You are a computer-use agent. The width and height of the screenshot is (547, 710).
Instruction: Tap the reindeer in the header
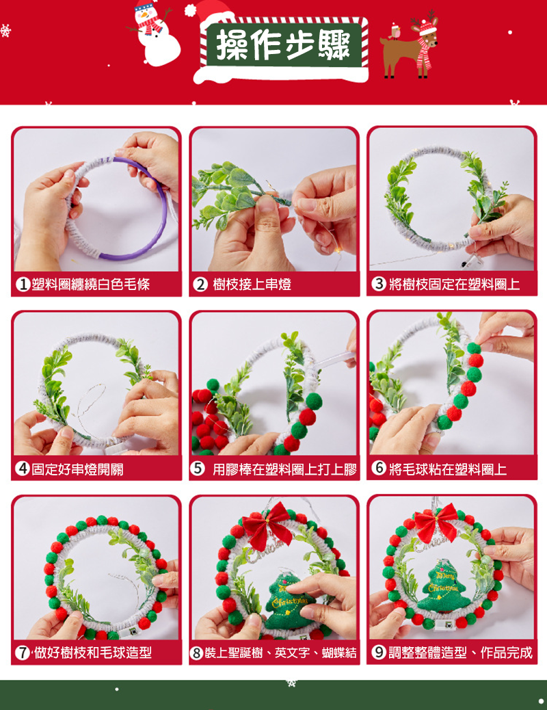(410, 48)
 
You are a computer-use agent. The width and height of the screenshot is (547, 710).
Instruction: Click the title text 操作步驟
(284, 45)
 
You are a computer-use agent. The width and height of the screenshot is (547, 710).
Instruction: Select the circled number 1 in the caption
(23, 285)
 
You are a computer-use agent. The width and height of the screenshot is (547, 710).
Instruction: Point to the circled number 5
(198, 468)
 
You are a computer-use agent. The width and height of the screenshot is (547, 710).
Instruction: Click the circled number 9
(379, 652)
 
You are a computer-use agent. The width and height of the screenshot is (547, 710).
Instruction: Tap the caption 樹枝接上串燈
(252, 285)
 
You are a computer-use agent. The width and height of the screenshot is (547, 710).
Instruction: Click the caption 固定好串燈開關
(77, 469)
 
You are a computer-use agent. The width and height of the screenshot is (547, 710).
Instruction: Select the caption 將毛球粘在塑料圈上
(448, 469)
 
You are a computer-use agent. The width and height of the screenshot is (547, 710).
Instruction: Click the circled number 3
(379, 284)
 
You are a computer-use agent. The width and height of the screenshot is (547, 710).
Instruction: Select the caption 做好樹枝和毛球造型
(93, 653)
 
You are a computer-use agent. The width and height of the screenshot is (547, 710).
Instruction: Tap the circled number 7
(23, 653)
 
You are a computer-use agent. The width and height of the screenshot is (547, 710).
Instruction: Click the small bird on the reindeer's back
(395, 31)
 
